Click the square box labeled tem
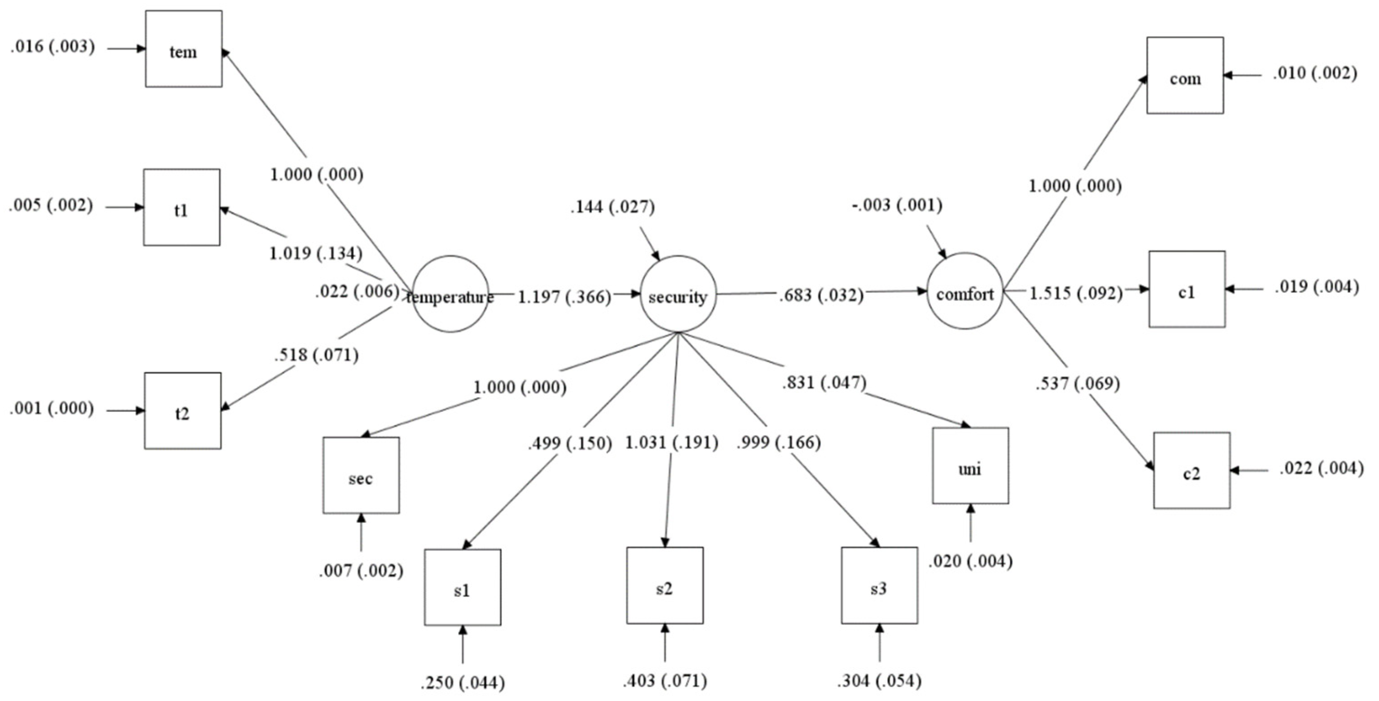(183, 49)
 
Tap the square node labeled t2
(183, 411)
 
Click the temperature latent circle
(450, 294)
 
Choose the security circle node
(678, 294)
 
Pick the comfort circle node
(965, 291)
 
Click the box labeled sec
(361, 475)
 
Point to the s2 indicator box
(665, 586)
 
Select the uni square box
(971, 466)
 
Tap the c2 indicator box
(1191, 471)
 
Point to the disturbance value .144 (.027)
(612, 207)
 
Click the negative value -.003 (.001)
(897, 205)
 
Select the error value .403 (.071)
(664, 681)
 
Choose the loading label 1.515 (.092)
(1076, 293)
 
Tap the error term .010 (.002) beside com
(1315, 73)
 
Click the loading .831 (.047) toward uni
(824, 383)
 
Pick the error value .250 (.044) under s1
(463, 683)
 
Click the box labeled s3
(880, 586)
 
